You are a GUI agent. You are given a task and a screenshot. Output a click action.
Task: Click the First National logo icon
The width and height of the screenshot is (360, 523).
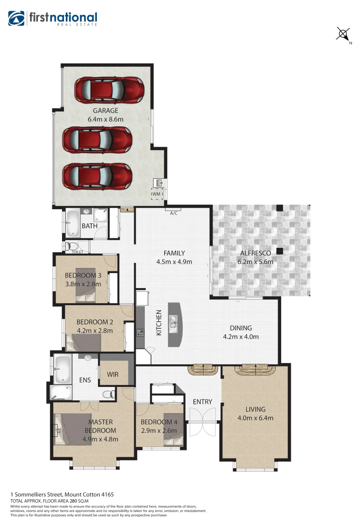(x=16, y=18)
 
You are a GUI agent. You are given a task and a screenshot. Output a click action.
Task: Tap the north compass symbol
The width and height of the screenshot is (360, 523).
(x=344, y=34)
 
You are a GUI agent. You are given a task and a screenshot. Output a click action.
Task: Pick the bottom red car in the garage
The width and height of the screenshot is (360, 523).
(x=97, y=175)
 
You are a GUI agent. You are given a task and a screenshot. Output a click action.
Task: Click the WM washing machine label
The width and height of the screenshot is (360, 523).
(x=156, y=194)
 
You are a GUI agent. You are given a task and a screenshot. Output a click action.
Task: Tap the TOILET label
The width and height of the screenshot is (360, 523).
(x=78, y=252)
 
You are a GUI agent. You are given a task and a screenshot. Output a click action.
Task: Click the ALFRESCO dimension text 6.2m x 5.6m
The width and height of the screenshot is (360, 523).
(x=255, y=262)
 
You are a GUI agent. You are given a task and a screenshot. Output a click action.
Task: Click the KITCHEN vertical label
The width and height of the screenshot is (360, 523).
(x=158, y=323)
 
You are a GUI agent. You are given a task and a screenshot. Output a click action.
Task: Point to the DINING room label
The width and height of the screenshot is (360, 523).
(x=241, y=328)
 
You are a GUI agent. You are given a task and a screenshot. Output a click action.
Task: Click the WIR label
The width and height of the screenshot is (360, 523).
(x=112, y=375)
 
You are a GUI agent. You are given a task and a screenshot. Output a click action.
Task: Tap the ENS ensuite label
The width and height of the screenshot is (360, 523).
(x=85, y=380)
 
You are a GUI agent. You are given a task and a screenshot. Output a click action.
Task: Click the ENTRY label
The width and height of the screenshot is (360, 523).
(x=203, y=401)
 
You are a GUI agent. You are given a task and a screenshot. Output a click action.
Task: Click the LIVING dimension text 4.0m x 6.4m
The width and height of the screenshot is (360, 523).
(x=255, y=418)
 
